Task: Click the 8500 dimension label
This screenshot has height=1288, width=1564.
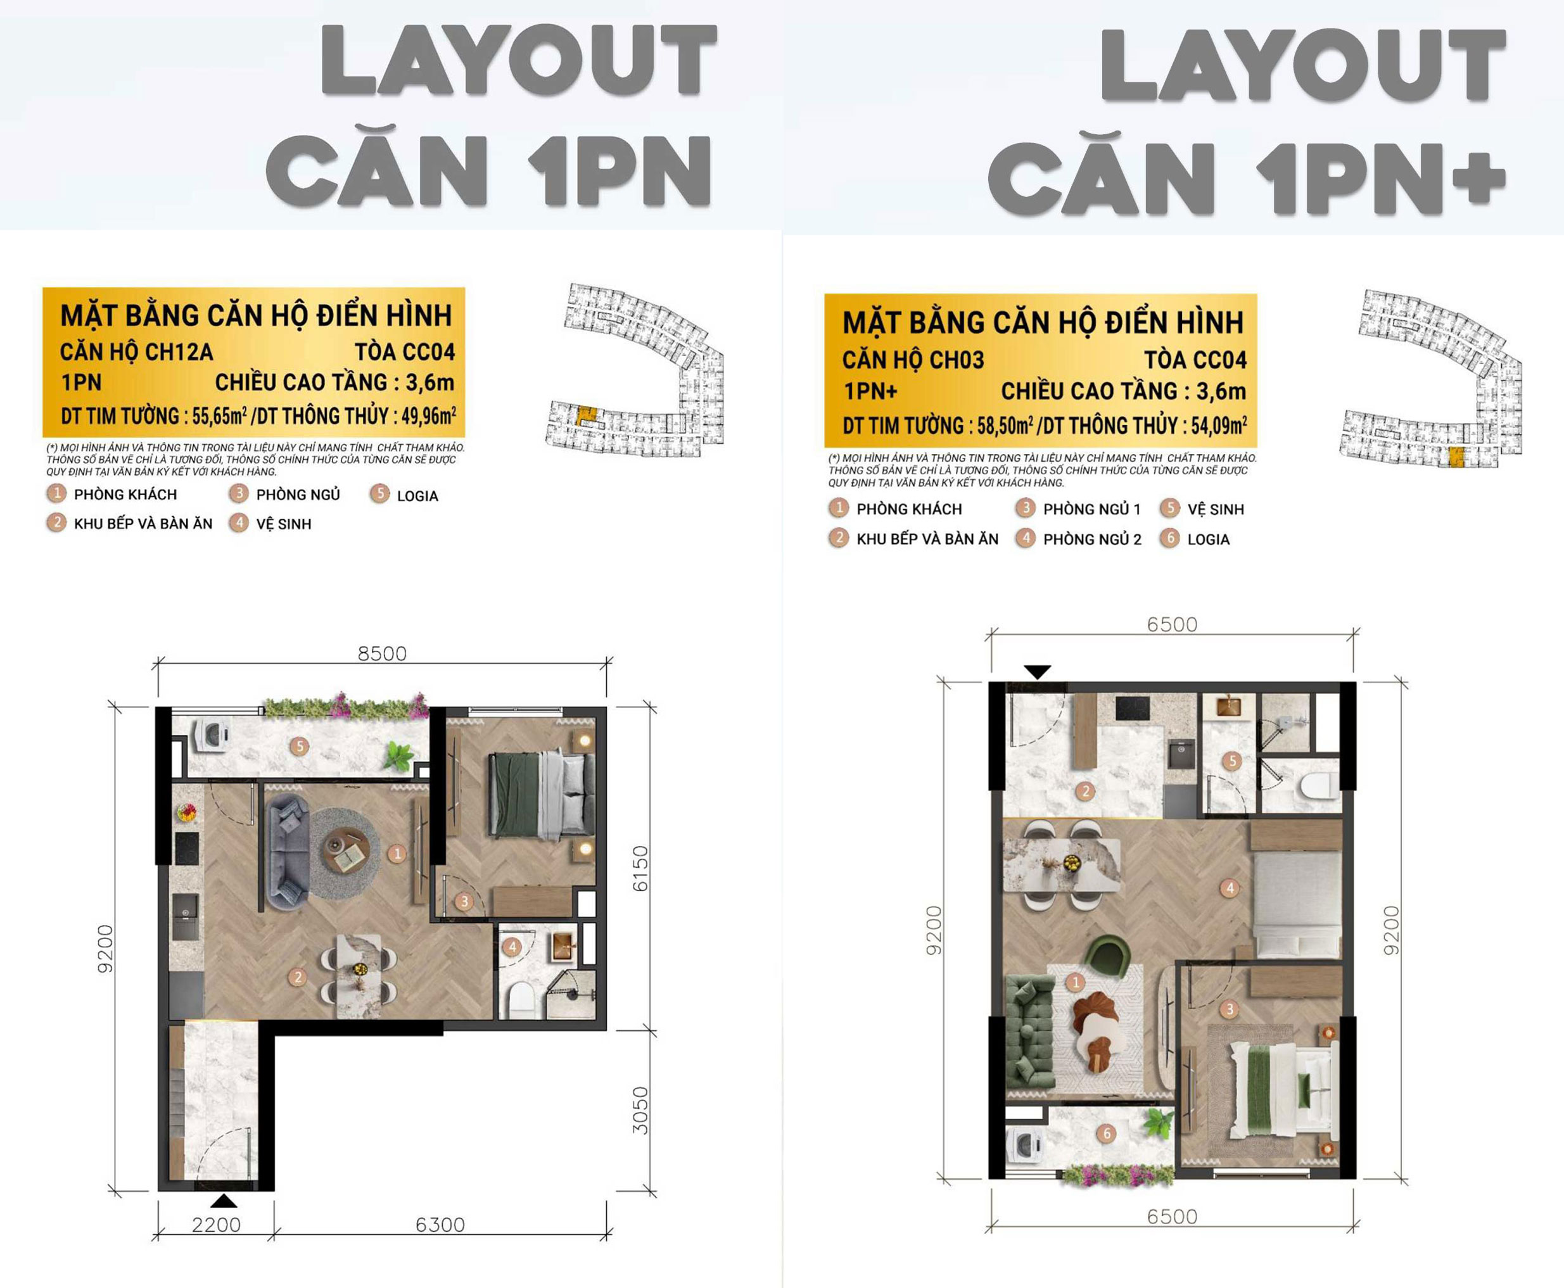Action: tap(381, 653)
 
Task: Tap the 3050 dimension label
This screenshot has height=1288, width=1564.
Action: tap(640, 1110)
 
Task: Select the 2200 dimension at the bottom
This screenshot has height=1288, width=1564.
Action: tap(216, 1224)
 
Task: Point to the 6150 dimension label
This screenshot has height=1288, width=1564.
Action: tap(640, 869)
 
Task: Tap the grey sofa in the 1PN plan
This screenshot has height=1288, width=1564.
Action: tap(287, 852)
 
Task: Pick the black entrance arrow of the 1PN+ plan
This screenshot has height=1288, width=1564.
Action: tap(1037, 671)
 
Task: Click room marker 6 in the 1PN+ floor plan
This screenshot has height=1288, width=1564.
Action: tap(1107, 1133)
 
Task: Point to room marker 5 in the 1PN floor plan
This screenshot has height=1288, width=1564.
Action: tap(300, 746)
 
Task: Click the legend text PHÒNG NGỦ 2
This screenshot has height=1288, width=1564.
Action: tap(1092, 540)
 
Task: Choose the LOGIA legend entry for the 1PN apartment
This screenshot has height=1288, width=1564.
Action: tap(417, 496)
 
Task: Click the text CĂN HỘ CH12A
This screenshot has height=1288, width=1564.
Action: tap(137, 351)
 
